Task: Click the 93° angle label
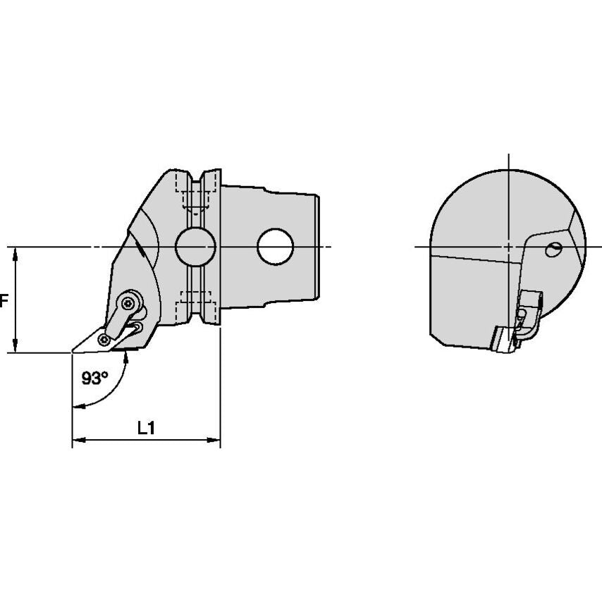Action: (x=95, y=378)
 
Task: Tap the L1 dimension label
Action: (x=146, y=428)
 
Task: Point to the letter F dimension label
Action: (x=4, y=300)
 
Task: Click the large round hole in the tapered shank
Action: (x=276, y=247)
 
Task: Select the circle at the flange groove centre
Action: (x=195, y=247)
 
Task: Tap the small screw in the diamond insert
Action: (x=104, y=339)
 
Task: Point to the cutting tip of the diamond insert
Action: (x=72, y=351)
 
